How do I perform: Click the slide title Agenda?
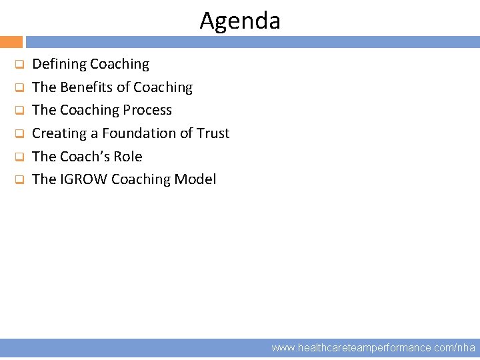(x=240, y=21)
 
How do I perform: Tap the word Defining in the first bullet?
(x=59, y=65)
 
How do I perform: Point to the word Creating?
(x=59, y=133)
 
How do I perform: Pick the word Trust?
(x=213, y=133)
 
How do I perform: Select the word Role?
(x=129, y=157)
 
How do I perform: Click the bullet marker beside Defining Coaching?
(x=19, y=65)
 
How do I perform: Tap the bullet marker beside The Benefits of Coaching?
(x=19, y=88)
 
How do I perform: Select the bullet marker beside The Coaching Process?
(x=19, y=111)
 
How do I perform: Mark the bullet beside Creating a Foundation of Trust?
(x=19, y=134)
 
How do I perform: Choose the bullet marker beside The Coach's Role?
(x=19, y=157)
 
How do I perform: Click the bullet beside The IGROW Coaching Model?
(x=19, y=180)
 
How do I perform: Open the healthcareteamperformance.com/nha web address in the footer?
(x=373, y=347)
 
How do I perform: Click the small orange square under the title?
(x=11, y=42)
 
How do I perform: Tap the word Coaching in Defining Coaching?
(x=119, y=65)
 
